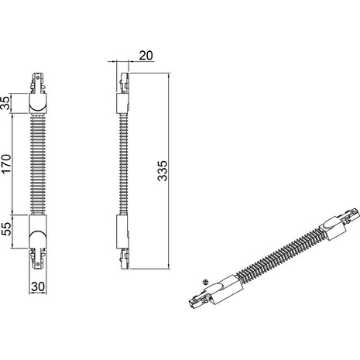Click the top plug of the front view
pyautogui.click(x=37, y=84)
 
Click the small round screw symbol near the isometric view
pyautogui.click(x=204, y=282)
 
